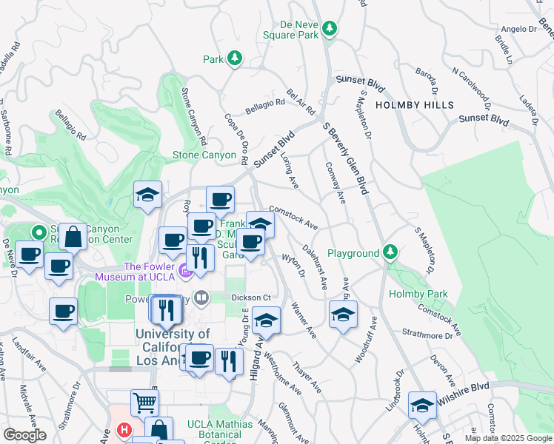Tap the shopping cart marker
(145, 403)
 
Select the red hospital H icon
(124, 430)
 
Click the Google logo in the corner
(24, 435)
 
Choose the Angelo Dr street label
(518, 30)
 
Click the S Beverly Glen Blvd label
(345, 158)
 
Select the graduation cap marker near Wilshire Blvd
(422, 405)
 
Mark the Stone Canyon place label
(204, 155)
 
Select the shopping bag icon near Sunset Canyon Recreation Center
(73, 238)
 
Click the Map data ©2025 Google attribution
(507, 438)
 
